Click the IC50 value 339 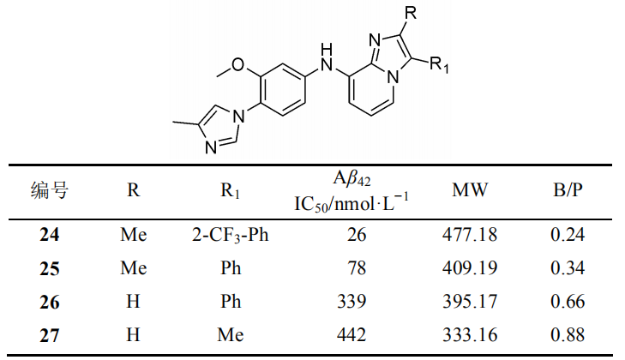pos(352,302)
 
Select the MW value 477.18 pos(470,234)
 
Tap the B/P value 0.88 pos(568,335)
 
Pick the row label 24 pos(50,234)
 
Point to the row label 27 pos(50,335)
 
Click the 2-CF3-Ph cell pos(231,235)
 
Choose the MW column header pos(470,189)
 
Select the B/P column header pos(568,189)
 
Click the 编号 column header pos(50,189)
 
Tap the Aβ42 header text pos(352,178)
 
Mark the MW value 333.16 pos(470,335)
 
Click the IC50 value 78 pos(357,268)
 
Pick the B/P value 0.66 pos(568,302)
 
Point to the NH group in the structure pos(327,57)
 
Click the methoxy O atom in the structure pos(238,64)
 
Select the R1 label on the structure pos(439,64)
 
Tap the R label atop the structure pos(410,13)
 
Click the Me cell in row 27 pos(231,335)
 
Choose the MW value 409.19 pos(470,268)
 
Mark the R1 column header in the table pos(231,190)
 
